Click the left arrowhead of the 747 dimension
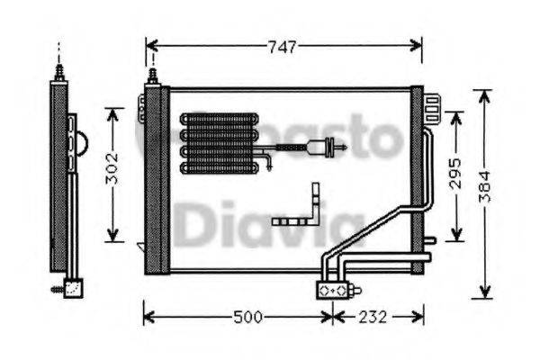point(150,46)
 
